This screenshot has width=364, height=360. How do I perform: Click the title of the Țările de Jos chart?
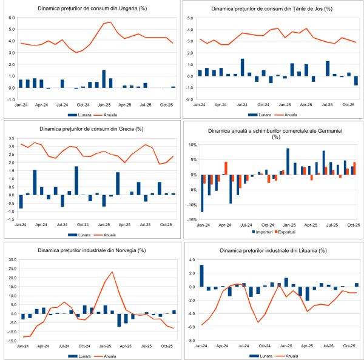(272, 9)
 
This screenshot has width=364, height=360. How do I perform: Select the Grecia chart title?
(90, 128)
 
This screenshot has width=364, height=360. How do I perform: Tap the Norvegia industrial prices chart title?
(90, 251)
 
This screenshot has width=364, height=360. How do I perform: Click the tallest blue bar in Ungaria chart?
(104, 79)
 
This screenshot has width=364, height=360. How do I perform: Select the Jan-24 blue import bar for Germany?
(202, 193)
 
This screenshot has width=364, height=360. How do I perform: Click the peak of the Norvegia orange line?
(112, 272)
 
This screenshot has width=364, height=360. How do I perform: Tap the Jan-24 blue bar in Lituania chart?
(202, 276)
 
